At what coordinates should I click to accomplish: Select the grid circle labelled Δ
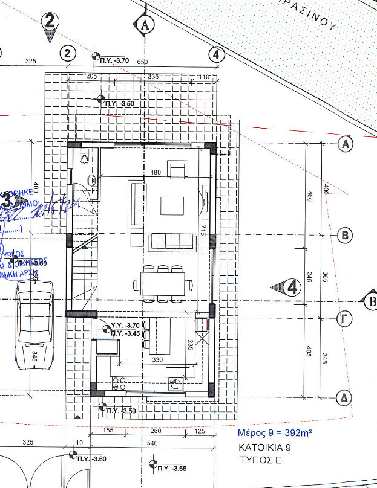pos(343,397)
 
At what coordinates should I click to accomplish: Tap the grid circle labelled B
pos(343,235)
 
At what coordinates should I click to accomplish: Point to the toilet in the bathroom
pos(85,159)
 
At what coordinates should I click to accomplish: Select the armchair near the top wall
pos(178,170)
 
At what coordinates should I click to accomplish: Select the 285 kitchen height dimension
pos(189,346)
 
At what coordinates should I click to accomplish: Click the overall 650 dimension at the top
pos(142,62)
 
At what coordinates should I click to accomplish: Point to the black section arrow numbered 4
pos(287,287)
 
